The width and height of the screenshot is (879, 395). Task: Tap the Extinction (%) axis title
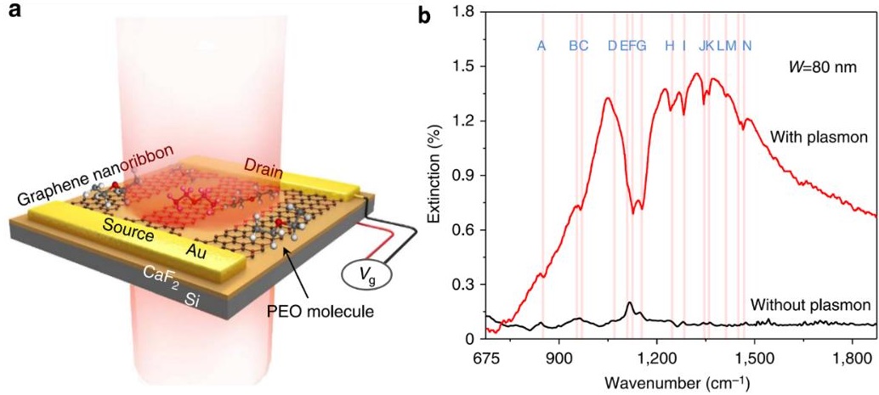coord(436,175)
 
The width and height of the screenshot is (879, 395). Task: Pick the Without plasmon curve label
coord(811,303)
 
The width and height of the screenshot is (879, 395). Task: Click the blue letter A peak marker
coord(542,46)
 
